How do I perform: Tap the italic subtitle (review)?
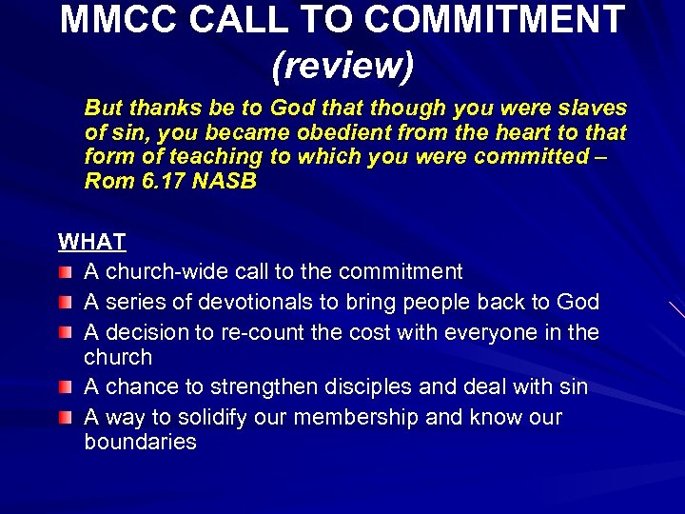tap(342, 64)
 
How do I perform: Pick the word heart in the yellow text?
tap(526, 132)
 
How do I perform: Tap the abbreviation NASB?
tap(224, 181)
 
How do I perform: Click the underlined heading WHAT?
tap(92, 242)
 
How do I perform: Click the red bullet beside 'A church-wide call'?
tap(65, 273)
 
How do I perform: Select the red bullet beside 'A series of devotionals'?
tap(65, 304)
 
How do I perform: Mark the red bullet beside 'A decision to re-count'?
tap(65, 334)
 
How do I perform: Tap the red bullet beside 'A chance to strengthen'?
tap(65, 388)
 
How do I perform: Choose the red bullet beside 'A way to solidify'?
tap(65, 419)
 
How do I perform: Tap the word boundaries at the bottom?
tap(140, 443)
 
